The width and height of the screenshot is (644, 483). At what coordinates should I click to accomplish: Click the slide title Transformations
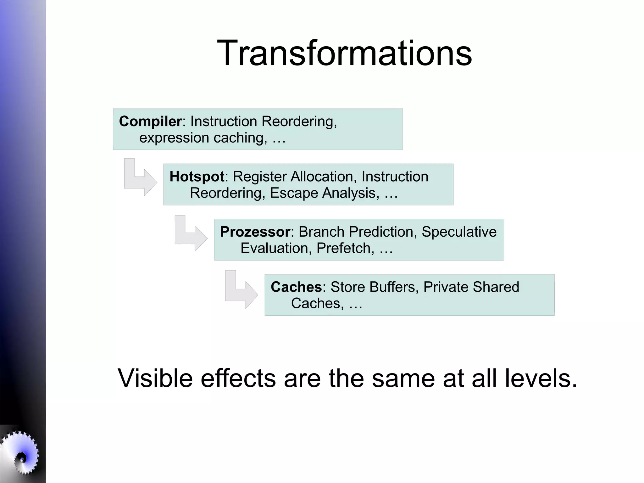click(344, 53)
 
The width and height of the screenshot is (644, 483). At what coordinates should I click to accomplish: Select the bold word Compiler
click(150, 121)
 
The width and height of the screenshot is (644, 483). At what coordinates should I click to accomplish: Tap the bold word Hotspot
click(197, 177)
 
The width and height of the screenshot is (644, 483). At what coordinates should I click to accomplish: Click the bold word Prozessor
click(255, 232)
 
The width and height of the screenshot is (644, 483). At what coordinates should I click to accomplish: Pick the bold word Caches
click(296, 287)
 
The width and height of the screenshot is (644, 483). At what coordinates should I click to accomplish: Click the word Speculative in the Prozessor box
click(459, 232)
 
